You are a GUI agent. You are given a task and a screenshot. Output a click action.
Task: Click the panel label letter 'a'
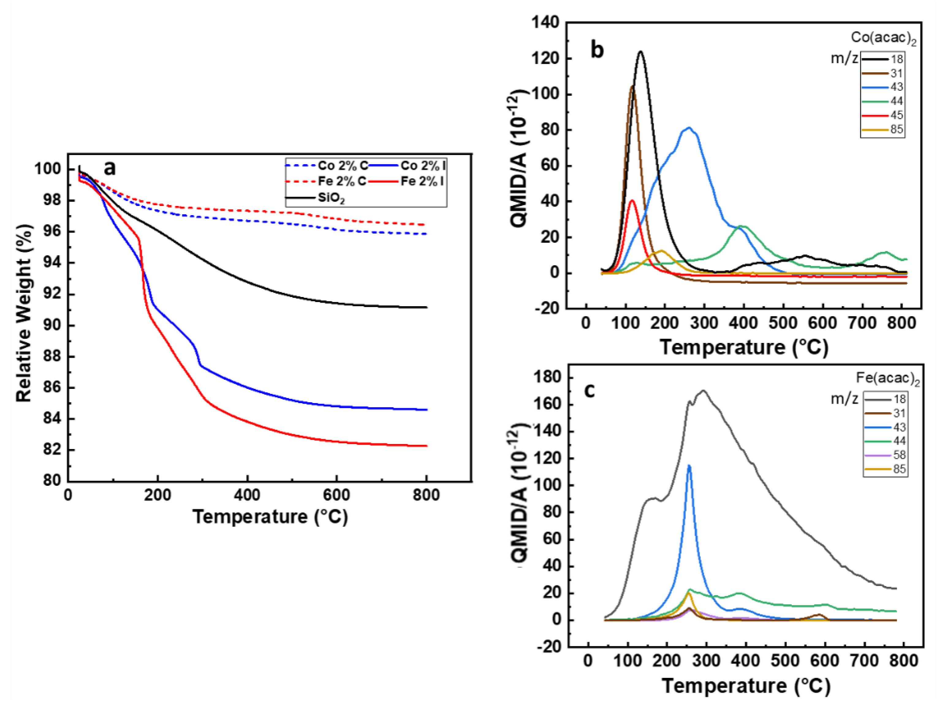[109, 169]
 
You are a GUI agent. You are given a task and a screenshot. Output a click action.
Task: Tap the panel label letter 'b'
[597, 51]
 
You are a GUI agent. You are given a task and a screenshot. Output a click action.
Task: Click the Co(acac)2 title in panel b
[883, 38]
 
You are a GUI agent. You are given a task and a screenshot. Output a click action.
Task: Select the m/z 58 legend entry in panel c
[885, 455]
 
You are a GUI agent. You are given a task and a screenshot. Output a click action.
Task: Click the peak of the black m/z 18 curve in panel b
[640, 52]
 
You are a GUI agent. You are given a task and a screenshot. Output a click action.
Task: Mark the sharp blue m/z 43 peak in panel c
[689, 466]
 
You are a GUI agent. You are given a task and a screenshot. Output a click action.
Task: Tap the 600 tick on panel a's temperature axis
[336, 495]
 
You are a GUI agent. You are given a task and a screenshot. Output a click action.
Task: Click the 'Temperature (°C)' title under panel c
[745, 686]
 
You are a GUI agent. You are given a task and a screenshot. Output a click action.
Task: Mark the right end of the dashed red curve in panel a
[425, 225]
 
